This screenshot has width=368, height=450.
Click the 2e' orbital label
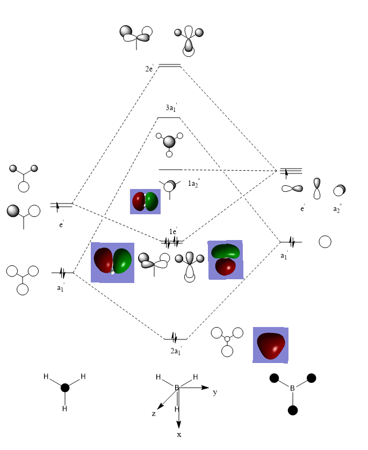pyautogui.click(x=149, y=69)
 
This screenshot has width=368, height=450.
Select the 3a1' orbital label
pyautogui.click(x=171, y=107)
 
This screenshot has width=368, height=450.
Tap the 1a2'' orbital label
pyautogui.click(x=194, y=183)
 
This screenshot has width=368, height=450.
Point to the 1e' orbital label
pyautogui.click(x=173, y=231)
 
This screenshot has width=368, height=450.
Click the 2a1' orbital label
pyautogui.click(x=176, y=351)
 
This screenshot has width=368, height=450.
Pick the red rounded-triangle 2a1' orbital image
pyautogui.click(x=271, y=346)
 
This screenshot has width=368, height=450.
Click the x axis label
pyautogui.click(x=179, y=435)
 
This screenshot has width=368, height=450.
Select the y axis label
pyautogui.click(x=215, y=393)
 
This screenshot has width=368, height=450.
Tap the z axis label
pyautogui.click(x=154, y=413)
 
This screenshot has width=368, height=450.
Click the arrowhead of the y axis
pyautogui.click(x=205, y=387)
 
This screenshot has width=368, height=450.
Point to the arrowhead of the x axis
pyautogui.click(x=178, y=425)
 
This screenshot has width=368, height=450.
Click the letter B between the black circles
pyautogui.click(x=292, y=388)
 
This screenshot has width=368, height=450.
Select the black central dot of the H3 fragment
pyautogui.click(x=65, y=388)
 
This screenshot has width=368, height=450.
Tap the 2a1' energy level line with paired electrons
pyautogui.click(x=175, y=339)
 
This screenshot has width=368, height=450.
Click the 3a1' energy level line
pyautogui.click(x=169, y=118)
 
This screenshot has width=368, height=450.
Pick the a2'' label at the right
pyautogui.click(x=337, y=209)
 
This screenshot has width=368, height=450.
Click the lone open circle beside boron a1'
pyautogui.click(x=325, y=242)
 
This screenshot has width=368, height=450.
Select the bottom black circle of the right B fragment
pyautogui.click(x=292, y=410)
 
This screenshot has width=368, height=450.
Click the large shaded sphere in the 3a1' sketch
pyautogui.click(x=169, y=142)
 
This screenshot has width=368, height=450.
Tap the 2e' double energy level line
pyautogui.click(x=170, y=66)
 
